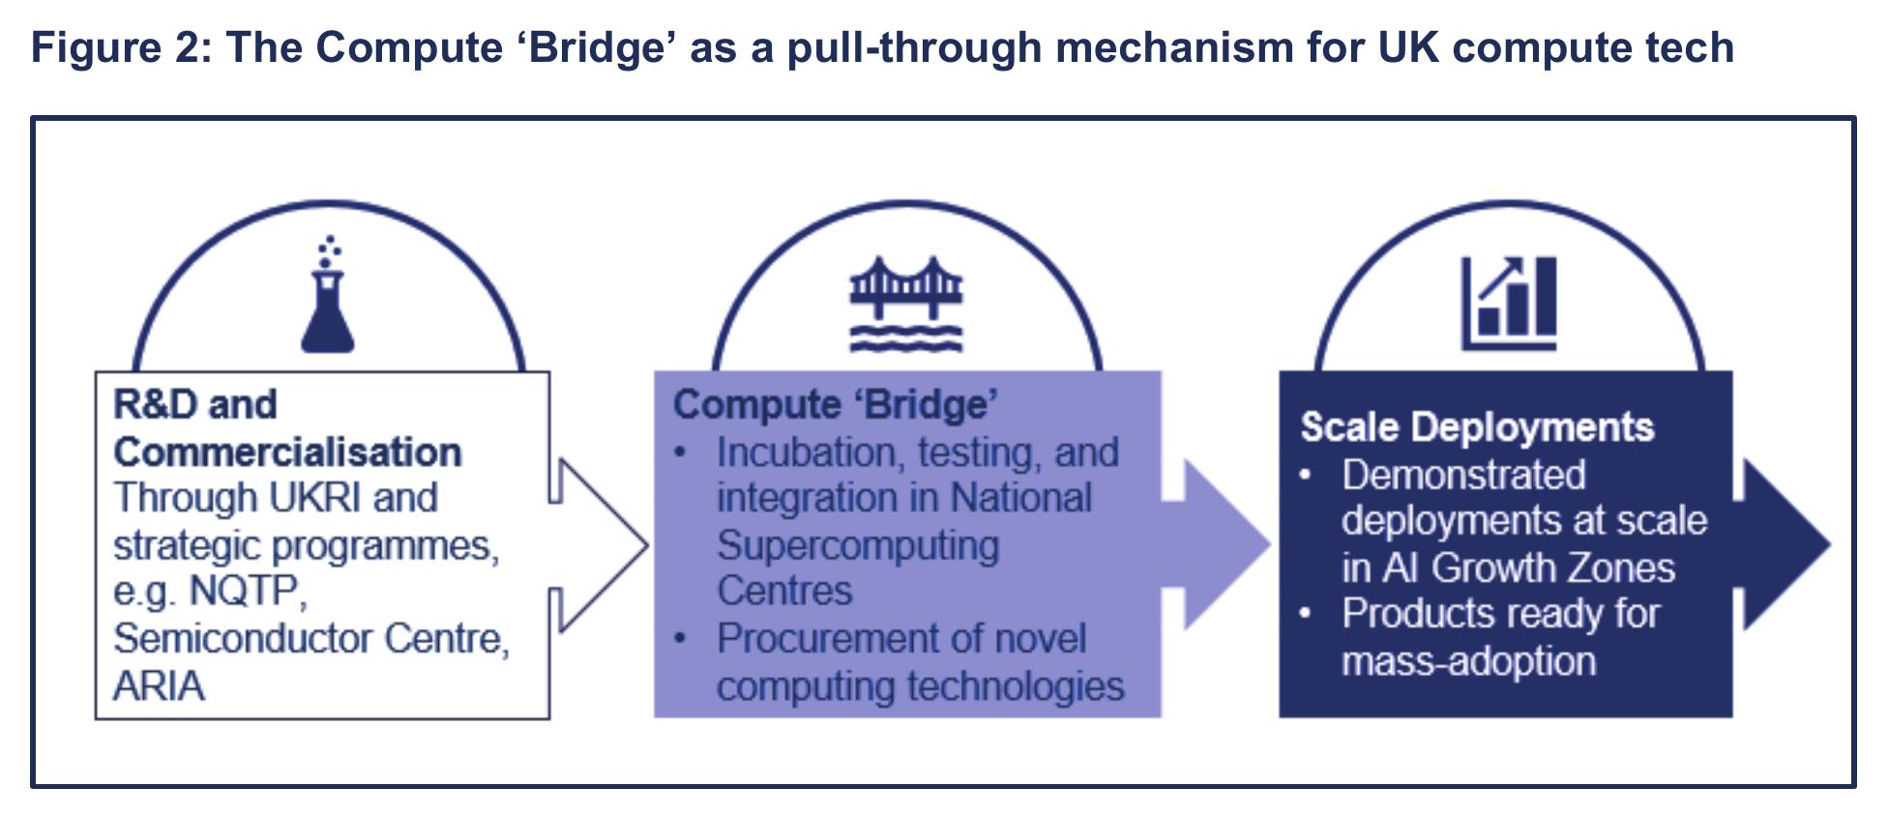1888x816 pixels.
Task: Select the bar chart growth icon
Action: click(x=1509, y=303)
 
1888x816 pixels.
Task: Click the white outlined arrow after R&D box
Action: click(x=599, y=545)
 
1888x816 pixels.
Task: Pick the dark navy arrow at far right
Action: click(x=1782, y=545)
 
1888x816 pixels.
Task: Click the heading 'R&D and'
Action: click(x=195, y=404)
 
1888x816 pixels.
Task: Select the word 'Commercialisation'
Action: click(x=287, y=452)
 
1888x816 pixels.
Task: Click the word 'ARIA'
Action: click(x=159, y=685)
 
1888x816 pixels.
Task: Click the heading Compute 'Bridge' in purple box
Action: click(x=836, y=404)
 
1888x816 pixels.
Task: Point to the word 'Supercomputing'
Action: click(x=858, y=544)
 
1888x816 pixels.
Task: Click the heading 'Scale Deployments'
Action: click(x=1477, y=427)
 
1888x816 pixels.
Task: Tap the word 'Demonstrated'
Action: click(x=1463, y=475)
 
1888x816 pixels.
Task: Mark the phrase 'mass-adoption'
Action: click(x=1468, y=661)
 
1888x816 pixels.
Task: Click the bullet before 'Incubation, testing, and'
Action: click(x=681, y=452)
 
